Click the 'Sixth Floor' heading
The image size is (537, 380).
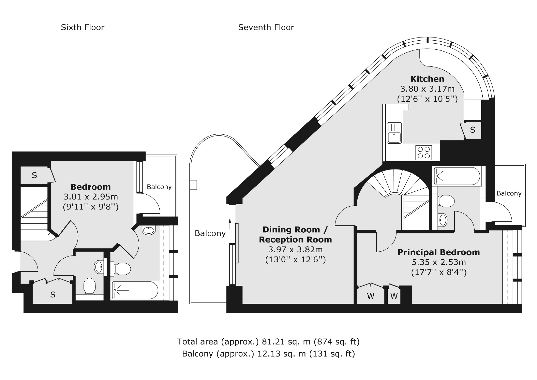click(x=82, y=27)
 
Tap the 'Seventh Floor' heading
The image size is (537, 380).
click(x=266, y=27)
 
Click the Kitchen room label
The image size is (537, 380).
click(x=427, y=79)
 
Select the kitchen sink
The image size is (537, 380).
click(x=394, y=133)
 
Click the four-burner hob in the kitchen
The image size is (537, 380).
click(x=424, y=153)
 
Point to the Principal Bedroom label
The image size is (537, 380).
click(x=438, y=252)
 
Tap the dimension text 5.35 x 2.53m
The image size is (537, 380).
click(x=439, y=262)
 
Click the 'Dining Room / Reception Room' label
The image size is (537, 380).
click(x=295, y=234)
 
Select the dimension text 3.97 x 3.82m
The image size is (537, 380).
click(x=295, y=249)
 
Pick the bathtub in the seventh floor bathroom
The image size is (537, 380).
click(x=457, y=176)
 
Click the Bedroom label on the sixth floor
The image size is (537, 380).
click(x=90, y=187)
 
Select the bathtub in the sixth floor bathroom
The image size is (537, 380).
click(x=135, y=291)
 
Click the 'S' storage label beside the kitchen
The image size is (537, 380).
click(x=472, y=130)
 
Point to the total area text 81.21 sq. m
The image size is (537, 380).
click(x=286, y=341)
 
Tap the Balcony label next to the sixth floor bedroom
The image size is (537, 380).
click(x=159, y=187)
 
